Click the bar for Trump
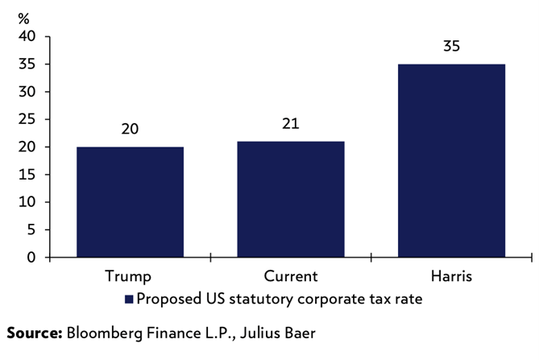130,202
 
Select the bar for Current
290,200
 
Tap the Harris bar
451,161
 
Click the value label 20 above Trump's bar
130,128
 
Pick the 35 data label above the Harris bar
451,46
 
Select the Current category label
290,276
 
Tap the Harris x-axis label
451,276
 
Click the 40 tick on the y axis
27,36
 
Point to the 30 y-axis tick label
27,92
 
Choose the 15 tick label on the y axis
27,175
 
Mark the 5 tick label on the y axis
31,230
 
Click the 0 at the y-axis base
31,258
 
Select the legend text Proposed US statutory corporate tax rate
280,299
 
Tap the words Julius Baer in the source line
288,332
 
